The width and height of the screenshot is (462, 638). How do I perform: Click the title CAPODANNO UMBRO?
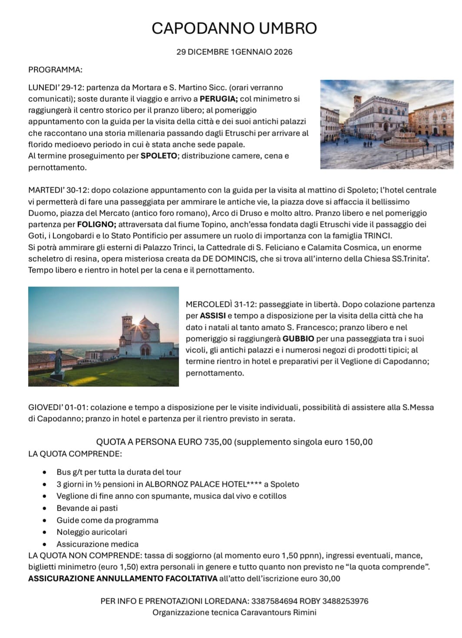pos(234,28)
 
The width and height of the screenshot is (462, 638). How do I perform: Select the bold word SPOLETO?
pos(158,156)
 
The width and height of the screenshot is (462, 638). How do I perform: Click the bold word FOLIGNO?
pos(96,225)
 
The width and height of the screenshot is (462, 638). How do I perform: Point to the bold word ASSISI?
pos(213,316)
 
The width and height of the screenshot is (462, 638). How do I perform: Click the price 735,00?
pos(218,442)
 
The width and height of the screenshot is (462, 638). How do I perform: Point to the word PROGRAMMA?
pos(55,70)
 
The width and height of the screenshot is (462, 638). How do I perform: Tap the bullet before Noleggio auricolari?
pos(45,532)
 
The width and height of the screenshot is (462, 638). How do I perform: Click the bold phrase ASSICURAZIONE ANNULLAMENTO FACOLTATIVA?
pos(123,579)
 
